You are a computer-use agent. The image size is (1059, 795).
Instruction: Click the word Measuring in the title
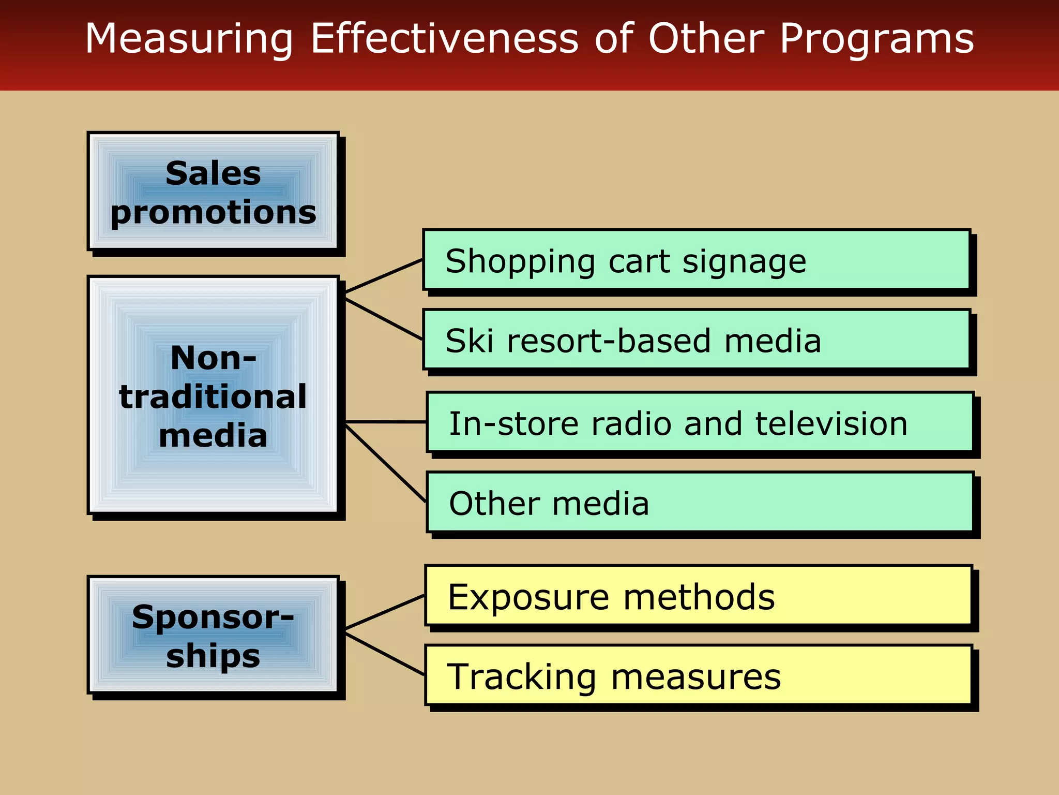coord(189,39)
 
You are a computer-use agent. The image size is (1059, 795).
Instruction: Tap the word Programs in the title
coord(876,39)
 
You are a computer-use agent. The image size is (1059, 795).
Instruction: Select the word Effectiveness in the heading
coord(444,38)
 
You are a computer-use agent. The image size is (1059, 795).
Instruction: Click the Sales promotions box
coord(213,192)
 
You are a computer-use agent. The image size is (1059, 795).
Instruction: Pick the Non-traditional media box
coord(213,396)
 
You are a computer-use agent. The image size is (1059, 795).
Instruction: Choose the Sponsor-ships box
coord(213,635)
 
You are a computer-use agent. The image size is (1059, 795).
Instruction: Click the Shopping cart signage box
coord(696,260)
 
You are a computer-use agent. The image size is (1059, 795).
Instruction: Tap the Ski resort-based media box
coord(696,340)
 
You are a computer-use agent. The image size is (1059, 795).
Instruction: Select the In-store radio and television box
coord(699,422)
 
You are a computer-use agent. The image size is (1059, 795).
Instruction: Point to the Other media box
coord(699,503)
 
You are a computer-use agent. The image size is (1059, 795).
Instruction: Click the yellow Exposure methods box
coord(698,596)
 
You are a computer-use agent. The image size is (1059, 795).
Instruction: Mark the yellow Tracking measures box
coord(698,675)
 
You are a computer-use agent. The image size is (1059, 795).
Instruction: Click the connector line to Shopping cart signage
coord(384,276)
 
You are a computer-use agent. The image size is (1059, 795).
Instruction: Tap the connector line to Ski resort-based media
coord(384,319)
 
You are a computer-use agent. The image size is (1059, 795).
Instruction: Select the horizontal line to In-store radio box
coord(385,422)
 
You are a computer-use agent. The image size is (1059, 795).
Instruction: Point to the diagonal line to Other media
coord(385,463)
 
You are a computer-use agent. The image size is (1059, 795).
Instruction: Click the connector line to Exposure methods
coord(385,612)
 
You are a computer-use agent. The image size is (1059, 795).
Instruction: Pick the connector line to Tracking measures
coord(385,654)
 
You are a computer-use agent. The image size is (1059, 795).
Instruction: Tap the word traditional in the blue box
coord(213,397)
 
